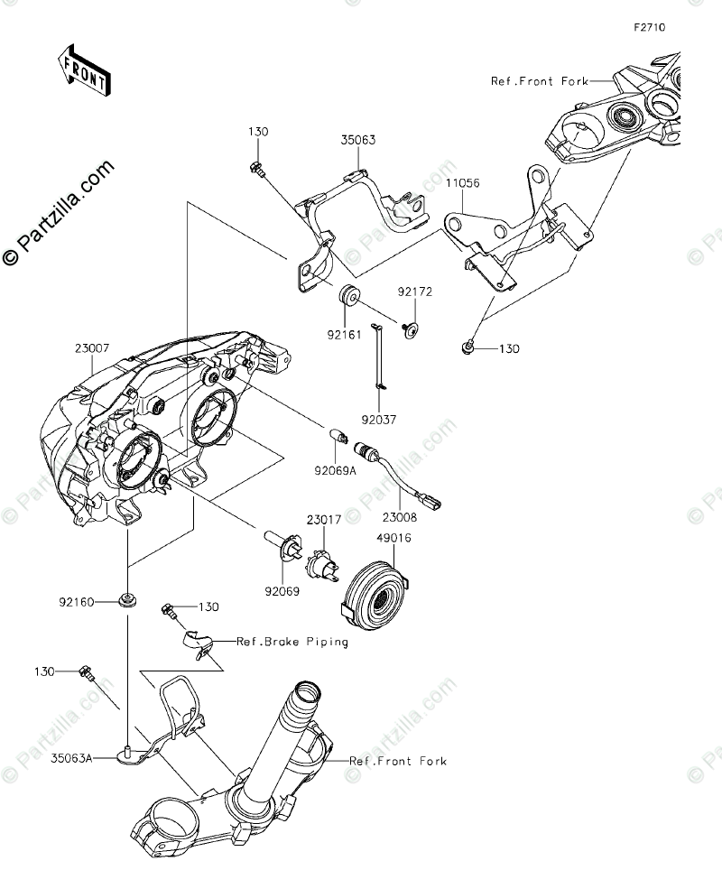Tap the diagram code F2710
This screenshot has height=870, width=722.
[648, 28]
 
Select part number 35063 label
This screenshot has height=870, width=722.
[358, 140]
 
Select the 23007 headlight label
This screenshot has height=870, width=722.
[92, 347]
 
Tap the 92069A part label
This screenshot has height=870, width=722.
[334, 469]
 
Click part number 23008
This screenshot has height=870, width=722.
[400, 517]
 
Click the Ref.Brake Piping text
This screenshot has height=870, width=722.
[292, 643]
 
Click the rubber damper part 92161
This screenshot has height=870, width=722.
[350, 296]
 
